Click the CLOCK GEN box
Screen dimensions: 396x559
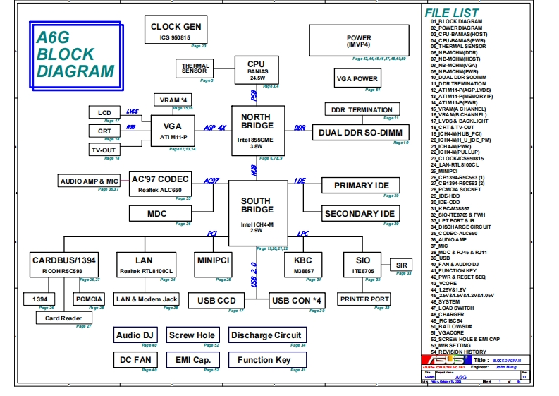176,31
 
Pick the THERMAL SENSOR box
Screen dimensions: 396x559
195,68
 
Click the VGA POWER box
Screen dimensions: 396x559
357,79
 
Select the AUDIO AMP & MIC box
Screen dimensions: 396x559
90,181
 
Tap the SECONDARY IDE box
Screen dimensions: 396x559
359,214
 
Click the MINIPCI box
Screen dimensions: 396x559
214,261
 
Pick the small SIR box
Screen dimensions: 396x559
401,265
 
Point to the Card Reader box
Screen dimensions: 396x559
63,318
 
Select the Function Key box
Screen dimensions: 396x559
264,360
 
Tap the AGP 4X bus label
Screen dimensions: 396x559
214,128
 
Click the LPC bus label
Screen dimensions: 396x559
303,232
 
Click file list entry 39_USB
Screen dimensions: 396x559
441,258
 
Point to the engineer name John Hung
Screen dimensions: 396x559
506,367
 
